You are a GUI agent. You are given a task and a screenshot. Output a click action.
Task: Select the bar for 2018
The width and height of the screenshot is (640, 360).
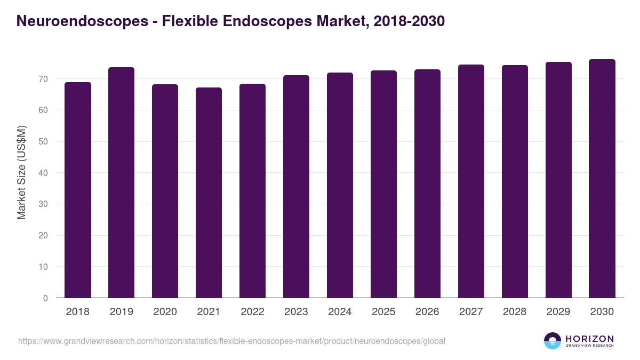coord(78,190)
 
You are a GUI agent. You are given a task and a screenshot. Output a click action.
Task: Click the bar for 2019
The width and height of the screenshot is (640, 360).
coord(121,182)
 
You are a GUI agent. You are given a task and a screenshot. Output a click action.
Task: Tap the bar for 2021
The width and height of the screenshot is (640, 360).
coord(209,193)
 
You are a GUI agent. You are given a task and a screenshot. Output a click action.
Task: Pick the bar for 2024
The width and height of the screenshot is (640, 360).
coord(340,185)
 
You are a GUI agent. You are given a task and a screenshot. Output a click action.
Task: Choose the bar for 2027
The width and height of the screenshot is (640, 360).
coord(471,181)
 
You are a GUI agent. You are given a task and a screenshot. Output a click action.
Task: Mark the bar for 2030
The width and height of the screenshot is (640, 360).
coord(602,179)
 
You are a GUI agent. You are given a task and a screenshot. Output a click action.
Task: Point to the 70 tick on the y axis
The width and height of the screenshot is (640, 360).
coord(43,79)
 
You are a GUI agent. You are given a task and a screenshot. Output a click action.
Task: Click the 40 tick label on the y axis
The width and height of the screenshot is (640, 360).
coord(43,173)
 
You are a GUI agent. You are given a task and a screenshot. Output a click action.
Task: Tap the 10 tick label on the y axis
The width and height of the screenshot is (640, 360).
coord(43,267)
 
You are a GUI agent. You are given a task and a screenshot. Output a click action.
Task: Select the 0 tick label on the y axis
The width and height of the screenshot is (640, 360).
coord(45,298)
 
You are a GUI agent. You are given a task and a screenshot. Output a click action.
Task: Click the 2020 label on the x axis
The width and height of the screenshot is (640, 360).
coord(165,312)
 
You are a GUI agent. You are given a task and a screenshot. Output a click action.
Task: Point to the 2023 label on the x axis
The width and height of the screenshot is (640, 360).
coord(296,312)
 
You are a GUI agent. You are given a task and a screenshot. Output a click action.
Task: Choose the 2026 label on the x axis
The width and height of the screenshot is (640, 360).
coord(427,312)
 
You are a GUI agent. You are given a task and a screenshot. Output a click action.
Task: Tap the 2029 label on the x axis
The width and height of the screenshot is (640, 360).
coord(558,312)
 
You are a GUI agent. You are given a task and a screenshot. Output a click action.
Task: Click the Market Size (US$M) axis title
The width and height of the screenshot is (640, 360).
coord(21,173)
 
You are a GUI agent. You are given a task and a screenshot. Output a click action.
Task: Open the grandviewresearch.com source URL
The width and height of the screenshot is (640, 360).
coord(231,341)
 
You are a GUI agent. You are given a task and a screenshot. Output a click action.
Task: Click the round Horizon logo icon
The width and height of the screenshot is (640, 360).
coord(553,341)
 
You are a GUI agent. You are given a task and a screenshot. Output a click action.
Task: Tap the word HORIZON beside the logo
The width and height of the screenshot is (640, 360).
coord(589,339)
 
